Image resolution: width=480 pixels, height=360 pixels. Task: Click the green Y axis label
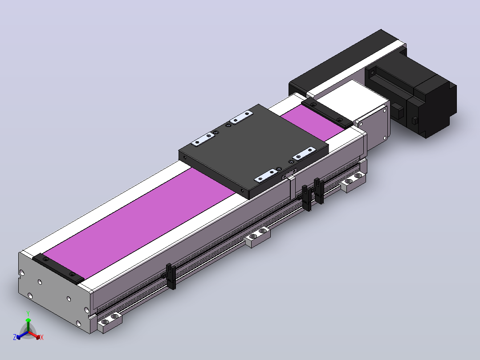pyautogui.click(x=28, y=313)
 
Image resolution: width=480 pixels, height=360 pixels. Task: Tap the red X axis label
pyautogui.click(x=42, y=337)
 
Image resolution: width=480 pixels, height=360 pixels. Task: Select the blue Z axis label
pyautogui.click(x=15, y=337)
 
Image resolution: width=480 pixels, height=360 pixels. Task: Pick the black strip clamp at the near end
pyautogui.click(x=58, y=269)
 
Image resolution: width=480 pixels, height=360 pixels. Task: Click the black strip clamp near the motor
pyautogui.click(x=327, y=113)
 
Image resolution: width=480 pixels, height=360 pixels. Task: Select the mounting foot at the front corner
pyautogui.click(x=110, y=323)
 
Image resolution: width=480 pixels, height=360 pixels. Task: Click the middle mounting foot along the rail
pyautogui.click(x=258, y=237)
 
